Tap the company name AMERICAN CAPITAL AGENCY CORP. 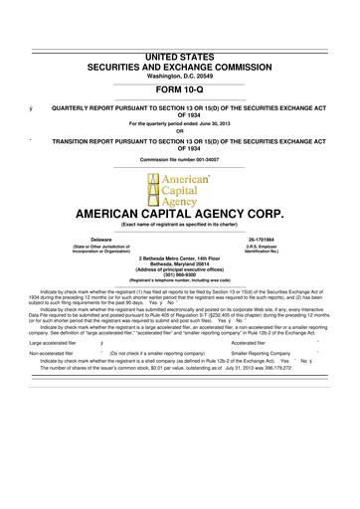[179, 213]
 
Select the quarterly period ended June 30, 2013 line [179, 94]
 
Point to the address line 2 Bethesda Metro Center [179, 256]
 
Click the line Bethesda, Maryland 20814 [179, 263]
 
